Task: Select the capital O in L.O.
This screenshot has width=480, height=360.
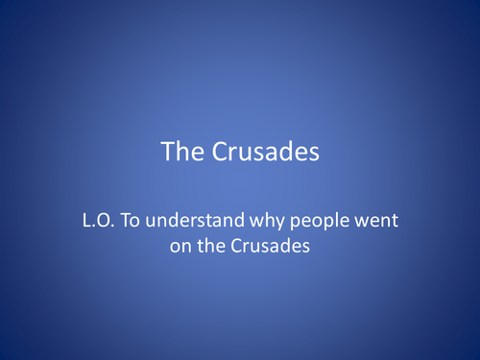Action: coord(105,222)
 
